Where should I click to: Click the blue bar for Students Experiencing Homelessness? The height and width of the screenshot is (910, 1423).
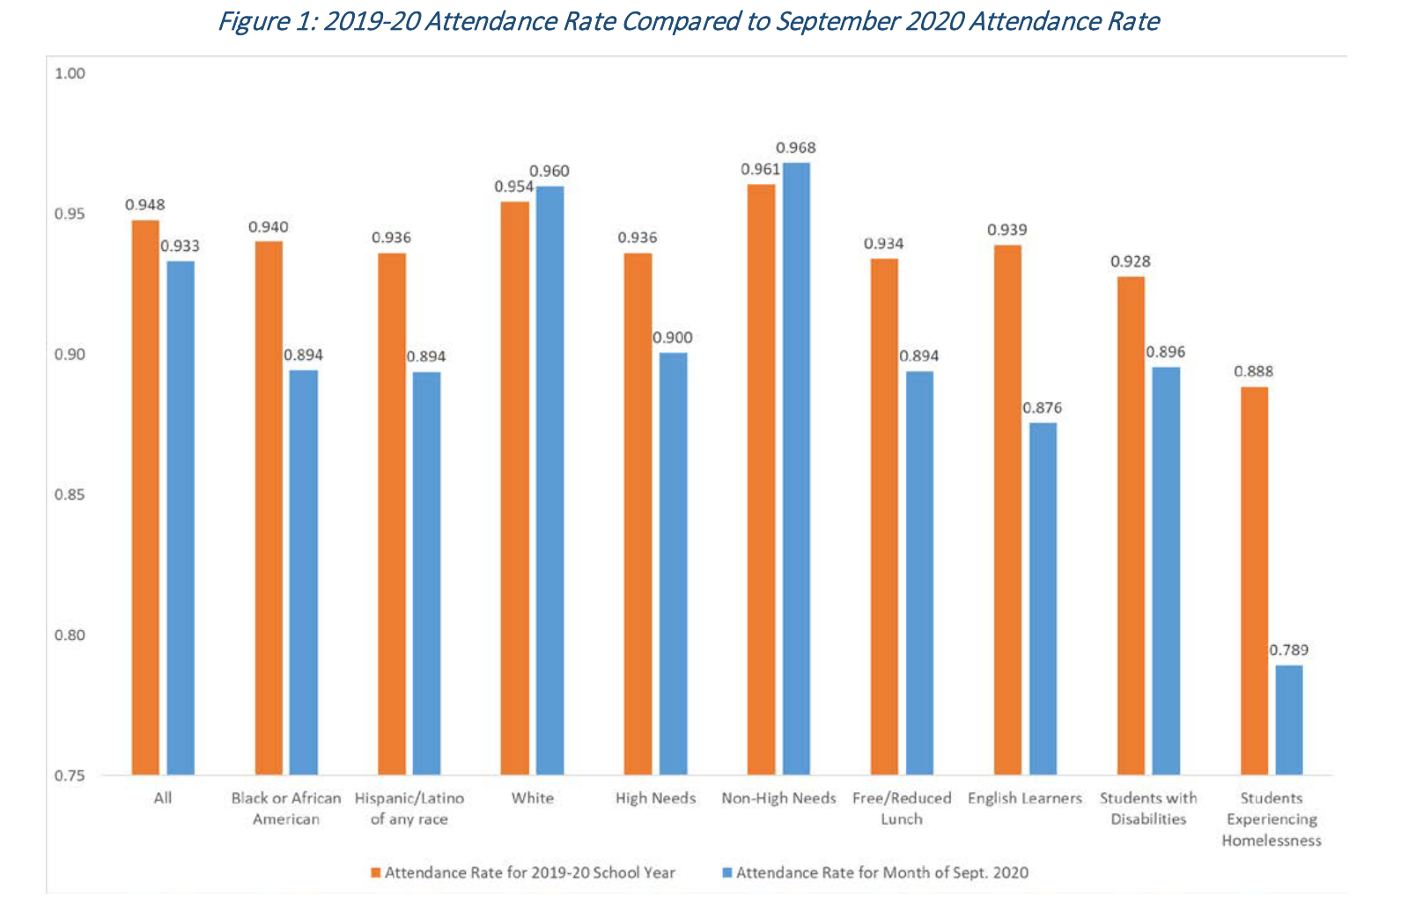(1288, 720)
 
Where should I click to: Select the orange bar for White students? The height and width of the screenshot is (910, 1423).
(515, 488)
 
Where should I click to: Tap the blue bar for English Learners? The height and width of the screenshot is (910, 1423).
(1043, 598)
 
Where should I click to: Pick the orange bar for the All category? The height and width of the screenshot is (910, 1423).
(145, 497)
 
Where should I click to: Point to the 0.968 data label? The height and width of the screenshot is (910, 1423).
(796, 148)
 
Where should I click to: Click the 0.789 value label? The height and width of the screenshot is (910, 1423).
(1288, 650)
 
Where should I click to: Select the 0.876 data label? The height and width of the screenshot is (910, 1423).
(1043, 408)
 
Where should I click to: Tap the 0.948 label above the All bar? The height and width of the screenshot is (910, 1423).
(145, 205)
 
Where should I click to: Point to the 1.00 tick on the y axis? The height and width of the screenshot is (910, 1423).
(70, 74)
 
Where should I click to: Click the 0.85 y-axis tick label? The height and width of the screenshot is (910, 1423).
(70, 495)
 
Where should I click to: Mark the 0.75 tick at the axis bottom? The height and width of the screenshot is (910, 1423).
(70, 775)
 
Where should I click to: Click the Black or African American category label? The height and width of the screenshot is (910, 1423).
(286, 809)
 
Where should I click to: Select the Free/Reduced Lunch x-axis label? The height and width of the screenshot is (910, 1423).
(902, 809)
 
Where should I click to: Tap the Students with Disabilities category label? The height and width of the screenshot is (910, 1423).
(1148, 809)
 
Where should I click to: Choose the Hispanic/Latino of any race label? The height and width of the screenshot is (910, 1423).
(409, 809)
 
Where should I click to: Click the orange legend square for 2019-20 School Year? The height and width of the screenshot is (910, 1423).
(376, 873)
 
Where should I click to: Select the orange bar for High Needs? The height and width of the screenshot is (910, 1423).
(638, 514)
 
